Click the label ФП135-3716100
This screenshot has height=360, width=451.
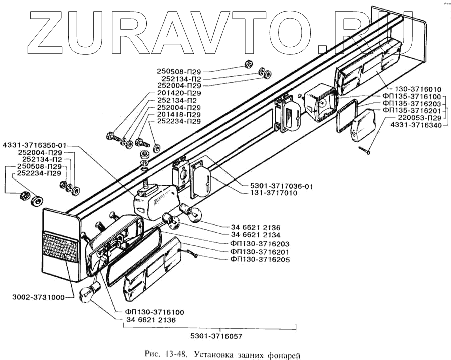click(411, 97)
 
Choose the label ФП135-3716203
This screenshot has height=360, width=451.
click(411, 104)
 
